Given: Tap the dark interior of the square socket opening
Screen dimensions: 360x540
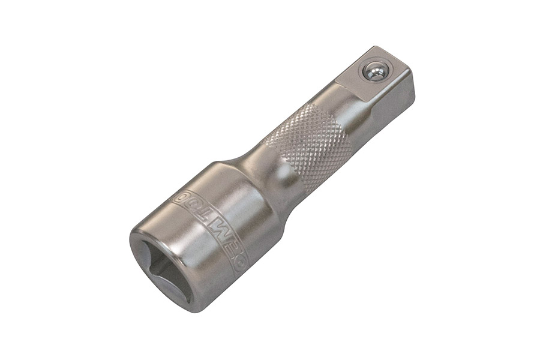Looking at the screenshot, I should click(x=165, y=270).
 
